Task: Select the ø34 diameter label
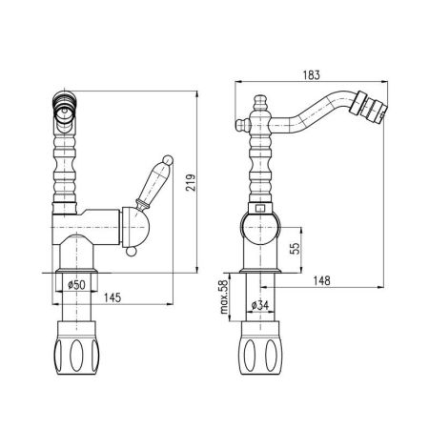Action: tap(258, 304)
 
